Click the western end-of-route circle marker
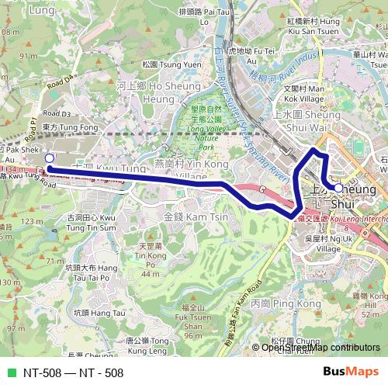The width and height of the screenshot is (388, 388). tap(49, 158)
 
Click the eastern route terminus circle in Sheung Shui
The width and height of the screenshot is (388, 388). tap(338, 187)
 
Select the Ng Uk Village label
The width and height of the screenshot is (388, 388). tap(323, 244)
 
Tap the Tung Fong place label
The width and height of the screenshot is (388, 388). tap(61, 126)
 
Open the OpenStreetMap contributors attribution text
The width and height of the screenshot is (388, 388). tap(320, 348)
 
